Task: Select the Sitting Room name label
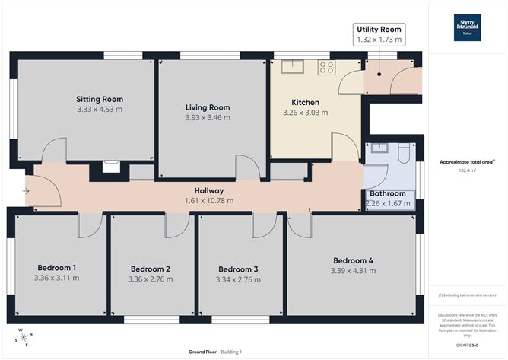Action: (x=100, y=99)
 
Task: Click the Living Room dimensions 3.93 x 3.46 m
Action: (x=208, y=118)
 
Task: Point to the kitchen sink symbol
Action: (x=292, y=66)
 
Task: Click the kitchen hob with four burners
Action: (x=326, y=66)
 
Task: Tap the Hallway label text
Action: (x=208, y=190)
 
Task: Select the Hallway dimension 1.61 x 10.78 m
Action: (x=208, y=201)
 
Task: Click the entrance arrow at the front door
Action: (x=26, y=191)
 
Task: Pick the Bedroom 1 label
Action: (x=57, y=267)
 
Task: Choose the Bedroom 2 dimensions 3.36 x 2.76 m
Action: (x=150, y=279)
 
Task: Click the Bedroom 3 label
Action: (x=239, y=269)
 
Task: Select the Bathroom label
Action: (x=388, y=194)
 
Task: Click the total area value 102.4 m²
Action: (x=467, y=170)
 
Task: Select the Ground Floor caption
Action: (x=203, y=352)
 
